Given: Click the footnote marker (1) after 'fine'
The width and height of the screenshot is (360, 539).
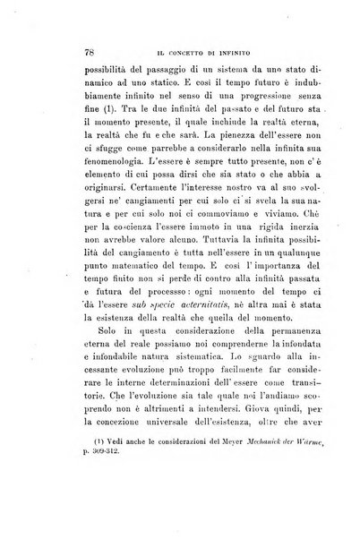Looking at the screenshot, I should (x=92, y=123).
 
